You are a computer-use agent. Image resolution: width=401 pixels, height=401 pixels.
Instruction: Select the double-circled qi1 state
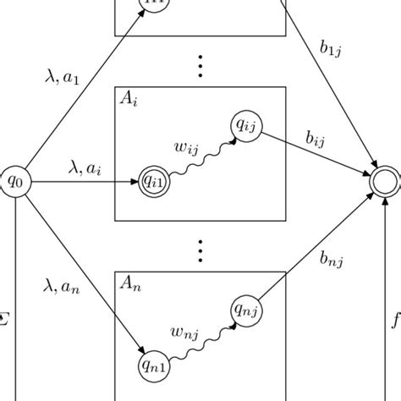click(153, 181)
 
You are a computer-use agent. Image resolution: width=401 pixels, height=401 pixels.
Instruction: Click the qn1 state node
click(153, 365)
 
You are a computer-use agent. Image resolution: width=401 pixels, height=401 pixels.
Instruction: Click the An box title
click(129, 284)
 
